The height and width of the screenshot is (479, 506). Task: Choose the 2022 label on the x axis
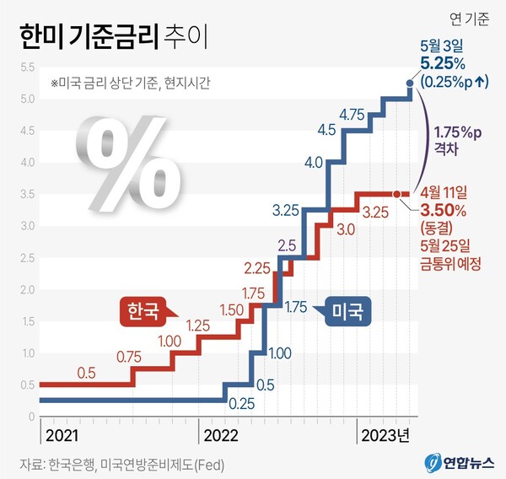pyautogui.click(x=219, y=435)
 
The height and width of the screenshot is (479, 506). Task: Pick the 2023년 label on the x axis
pyautogui.click(x=385, y=435)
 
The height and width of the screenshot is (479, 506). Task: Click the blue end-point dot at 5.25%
pyautogui.click(x=410, y=83)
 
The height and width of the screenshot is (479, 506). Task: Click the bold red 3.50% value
pyautogui.click(x=444, y=210)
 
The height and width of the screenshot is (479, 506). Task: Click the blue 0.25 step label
pyautogui.click(x=242, y=403)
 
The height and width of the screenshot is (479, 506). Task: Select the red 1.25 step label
pyautogui.click(x=197, y=325)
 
